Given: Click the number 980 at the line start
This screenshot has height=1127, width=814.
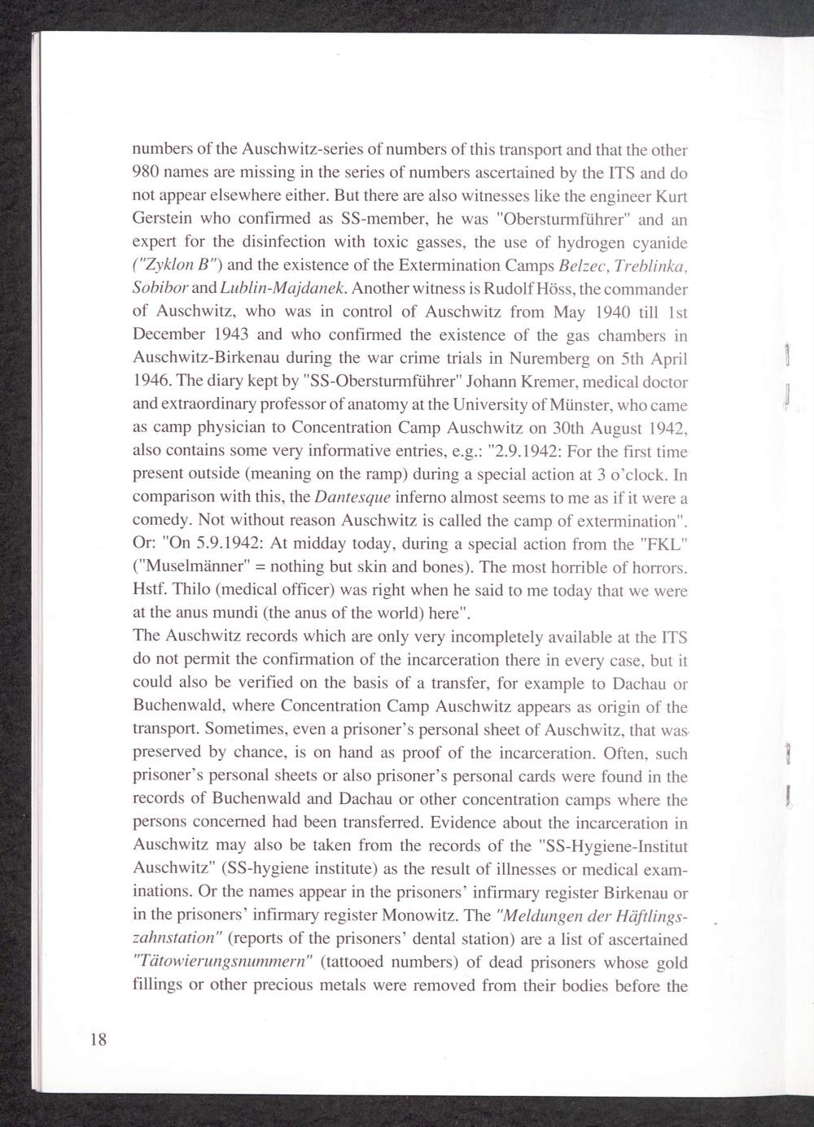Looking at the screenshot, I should pyautogui.click(x=147, y=173).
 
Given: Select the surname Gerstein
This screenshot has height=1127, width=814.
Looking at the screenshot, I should pyautogui.click(x=161, y=220).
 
